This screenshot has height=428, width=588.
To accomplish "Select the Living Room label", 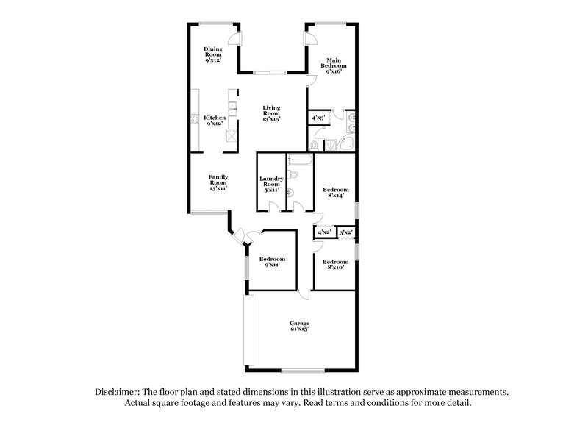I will (272, 112).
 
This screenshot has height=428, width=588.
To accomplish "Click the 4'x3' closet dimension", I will (318, 117).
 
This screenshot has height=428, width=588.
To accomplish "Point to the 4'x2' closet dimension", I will (323, 232).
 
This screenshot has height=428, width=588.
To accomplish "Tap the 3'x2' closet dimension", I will (345, 232).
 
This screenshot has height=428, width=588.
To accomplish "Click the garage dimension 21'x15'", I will (298, 330).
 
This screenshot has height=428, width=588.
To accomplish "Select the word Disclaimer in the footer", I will (120, 393).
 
